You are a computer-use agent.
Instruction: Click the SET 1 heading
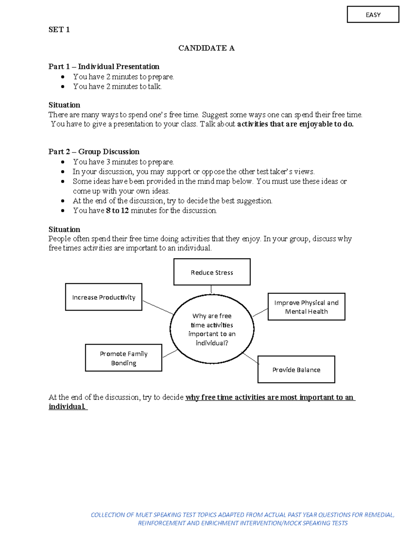pyautogui.click(x=59, y=30)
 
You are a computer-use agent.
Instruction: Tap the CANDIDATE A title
pyautogui.click(x=206, y=48)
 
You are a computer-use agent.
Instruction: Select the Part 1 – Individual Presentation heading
pyautogui.click(x=104, y=66)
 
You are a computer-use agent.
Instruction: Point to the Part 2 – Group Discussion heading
pyautogui.click(x=94, y=152)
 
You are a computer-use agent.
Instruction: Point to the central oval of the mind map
pyautogui.click(x=170, y=329)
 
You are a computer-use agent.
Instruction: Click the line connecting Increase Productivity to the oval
pyautogui.click(x=158, y=307)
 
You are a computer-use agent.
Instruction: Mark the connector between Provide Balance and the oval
pyautogui.click(x=251, y=359)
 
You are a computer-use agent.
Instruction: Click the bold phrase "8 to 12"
pyautogui.click(x=117, y=210)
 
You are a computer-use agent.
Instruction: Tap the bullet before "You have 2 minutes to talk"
pyautogui.click(x=63, y=87)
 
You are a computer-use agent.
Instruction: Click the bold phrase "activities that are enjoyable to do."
pyautogui.click(x=295, y=124)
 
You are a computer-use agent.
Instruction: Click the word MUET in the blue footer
pyautogui.click(x=142, y=515)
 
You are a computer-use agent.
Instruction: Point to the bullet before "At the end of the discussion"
pyautogui.click(x=63, y=201)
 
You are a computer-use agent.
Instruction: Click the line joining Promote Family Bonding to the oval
pyautogui.click(x=170, y=354)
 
